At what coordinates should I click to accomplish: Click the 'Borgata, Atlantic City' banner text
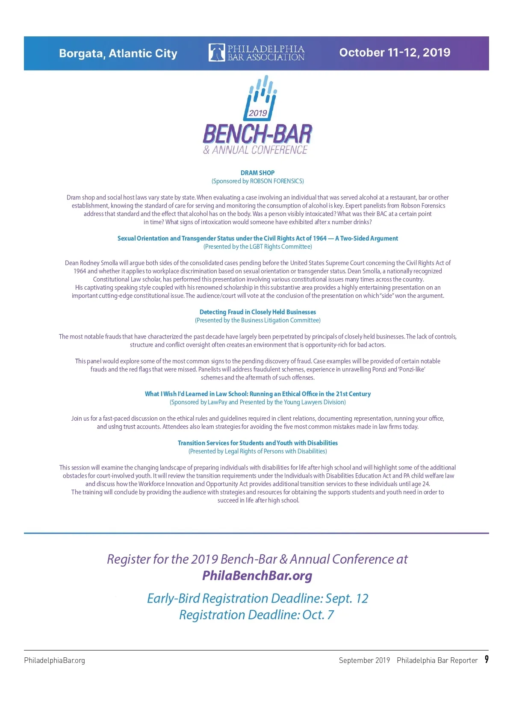point(118,53)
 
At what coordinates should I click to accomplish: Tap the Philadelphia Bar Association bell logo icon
point(216,53)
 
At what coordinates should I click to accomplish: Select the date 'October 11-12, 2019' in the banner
point(395,53)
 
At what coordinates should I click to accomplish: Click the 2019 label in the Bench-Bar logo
point(258,113)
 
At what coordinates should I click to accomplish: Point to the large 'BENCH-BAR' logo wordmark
point(257,134)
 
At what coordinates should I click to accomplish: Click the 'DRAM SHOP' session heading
point(257,173)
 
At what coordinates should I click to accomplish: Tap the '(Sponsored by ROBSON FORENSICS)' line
point(257,181)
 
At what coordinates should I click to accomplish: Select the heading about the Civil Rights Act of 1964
point(257,238)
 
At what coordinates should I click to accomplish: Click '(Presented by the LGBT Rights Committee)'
point(257,247)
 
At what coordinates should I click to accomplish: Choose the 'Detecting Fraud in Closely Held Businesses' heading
point(257,312)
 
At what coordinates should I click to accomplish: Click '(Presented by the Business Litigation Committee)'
point(257,320)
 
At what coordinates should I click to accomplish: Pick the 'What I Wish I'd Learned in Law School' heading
point(257,394)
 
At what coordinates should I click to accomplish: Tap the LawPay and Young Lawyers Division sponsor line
point(257,402)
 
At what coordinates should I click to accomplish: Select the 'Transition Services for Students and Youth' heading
point(257,443)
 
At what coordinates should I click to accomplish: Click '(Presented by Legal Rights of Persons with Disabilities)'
point(257,451)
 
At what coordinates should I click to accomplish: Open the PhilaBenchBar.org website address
point(257,576)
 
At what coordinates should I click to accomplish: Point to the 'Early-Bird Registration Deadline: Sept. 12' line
point(257,598)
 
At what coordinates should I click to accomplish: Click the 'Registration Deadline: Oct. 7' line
point(256,615)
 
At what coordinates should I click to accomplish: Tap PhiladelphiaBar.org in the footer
point(54,660)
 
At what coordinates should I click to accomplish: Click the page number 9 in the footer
point(486,659)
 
